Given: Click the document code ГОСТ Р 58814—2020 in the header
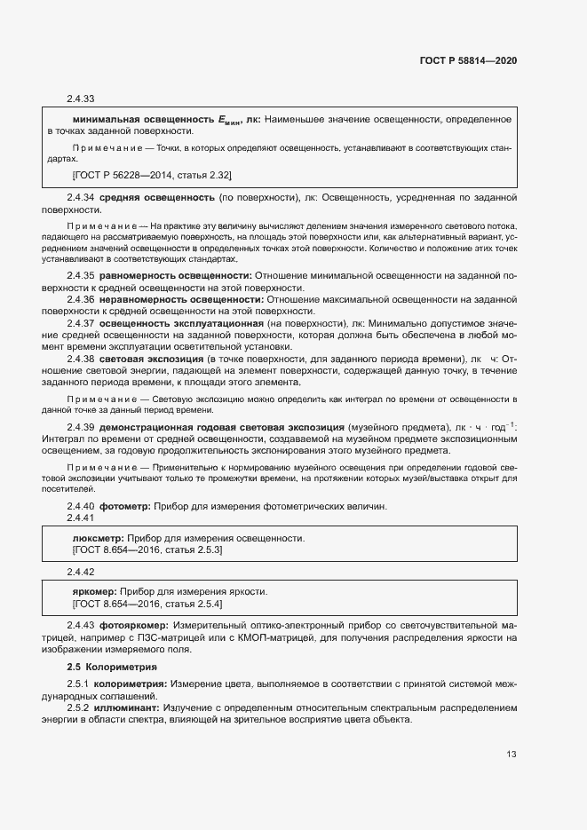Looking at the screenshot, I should (x=468, y=61).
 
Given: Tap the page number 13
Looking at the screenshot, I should (x=512, y=755).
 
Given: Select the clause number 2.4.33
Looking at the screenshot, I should (x=81, y=99).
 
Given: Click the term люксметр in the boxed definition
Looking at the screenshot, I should (x=98, y=538).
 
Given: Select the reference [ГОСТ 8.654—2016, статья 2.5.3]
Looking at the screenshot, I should (x=147, y=550).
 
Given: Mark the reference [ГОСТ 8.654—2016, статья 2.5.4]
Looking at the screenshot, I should (x=147, y=604).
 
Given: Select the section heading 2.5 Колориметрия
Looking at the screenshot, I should (x=113, y=666).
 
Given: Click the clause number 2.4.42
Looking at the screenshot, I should (x=81, y=572).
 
